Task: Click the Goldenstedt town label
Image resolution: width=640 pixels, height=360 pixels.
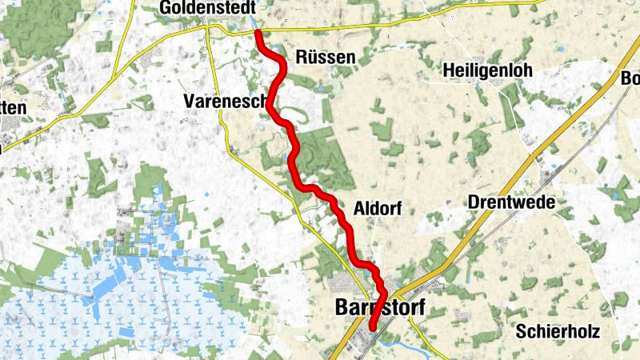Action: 207,7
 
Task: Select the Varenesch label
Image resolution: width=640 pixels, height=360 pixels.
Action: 225,102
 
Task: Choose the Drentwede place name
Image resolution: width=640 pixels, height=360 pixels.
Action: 510,202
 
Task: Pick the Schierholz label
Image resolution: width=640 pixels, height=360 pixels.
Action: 558,330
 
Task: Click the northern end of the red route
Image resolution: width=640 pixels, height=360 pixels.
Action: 258,33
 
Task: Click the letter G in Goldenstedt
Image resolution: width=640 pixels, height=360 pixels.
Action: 166,7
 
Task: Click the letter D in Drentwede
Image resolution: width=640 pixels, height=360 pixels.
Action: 471,202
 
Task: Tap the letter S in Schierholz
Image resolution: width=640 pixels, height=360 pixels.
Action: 522,330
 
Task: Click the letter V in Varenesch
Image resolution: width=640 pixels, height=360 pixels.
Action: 189,102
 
